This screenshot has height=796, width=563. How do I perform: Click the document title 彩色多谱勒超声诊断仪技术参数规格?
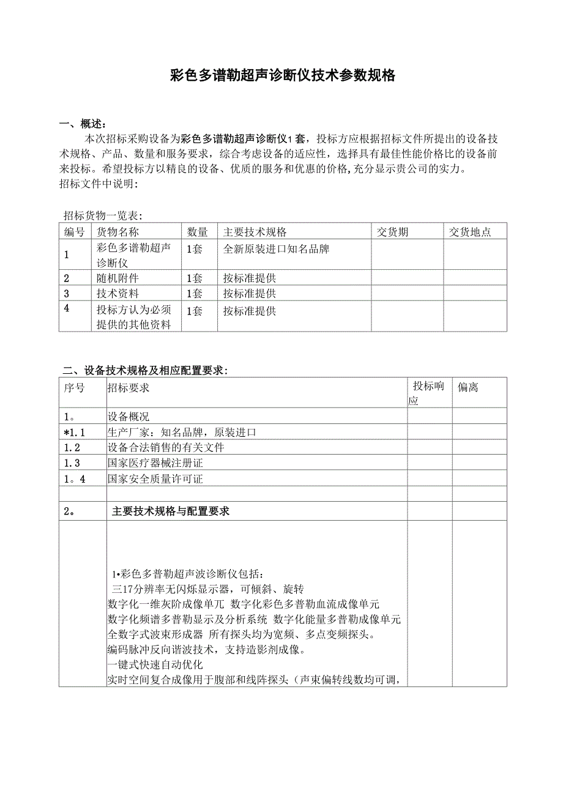282,76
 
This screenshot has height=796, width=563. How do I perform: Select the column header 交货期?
392,232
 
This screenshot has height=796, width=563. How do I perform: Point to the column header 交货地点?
469,232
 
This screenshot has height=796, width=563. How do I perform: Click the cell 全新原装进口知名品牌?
276,249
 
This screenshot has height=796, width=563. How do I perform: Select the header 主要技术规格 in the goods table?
255,232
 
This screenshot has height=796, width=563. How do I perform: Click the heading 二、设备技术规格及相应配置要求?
145,370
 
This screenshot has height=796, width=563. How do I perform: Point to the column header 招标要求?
128,387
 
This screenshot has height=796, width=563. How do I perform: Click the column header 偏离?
468,387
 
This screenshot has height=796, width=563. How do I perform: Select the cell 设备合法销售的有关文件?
166,447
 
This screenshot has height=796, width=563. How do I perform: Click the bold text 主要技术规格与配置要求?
171,511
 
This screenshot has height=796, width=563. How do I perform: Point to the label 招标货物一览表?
102,215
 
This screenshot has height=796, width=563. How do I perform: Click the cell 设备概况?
128,417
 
